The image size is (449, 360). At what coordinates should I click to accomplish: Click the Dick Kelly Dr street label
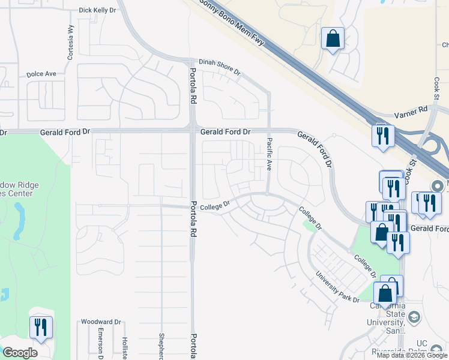97,10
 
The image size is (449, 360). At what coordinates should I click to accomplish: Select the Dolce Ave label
41,74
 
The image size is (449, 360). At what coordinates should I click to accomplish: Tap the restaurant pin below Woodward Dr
41,328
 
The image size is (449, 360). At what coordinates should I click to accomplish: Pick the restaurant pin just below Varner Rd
382,136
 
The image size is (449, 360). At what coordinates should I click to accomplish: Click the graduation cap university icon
414,316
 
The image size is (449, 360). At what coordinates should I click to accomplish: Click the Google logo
20,353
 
